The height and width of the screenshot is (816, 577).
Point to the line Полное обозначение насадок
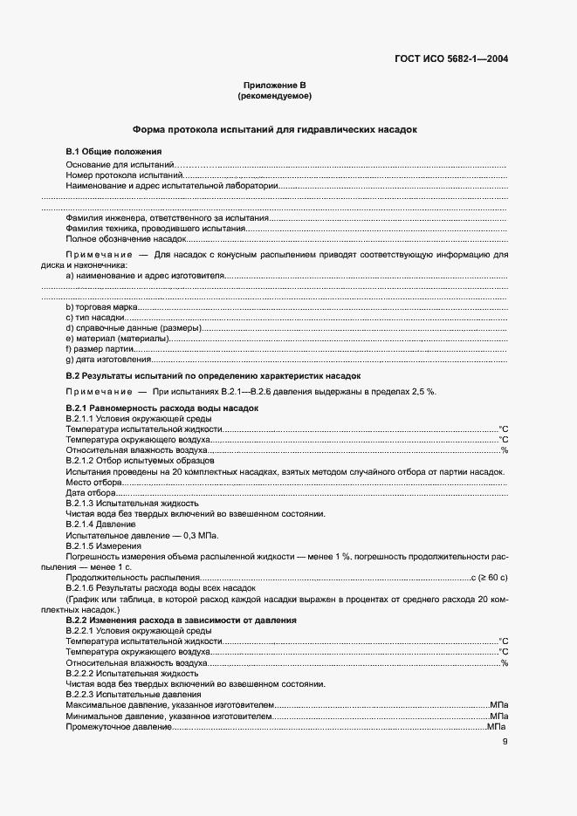(x=113, y=237)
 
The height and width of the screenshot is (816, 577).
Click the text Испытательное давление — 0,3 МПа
(x=141, y=535)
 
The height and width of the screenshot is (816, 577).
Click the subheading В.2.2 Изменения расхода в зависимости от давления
(x=182, y=620)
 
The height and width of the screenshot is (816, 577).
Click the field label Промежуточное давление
(x=119, y=726)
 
